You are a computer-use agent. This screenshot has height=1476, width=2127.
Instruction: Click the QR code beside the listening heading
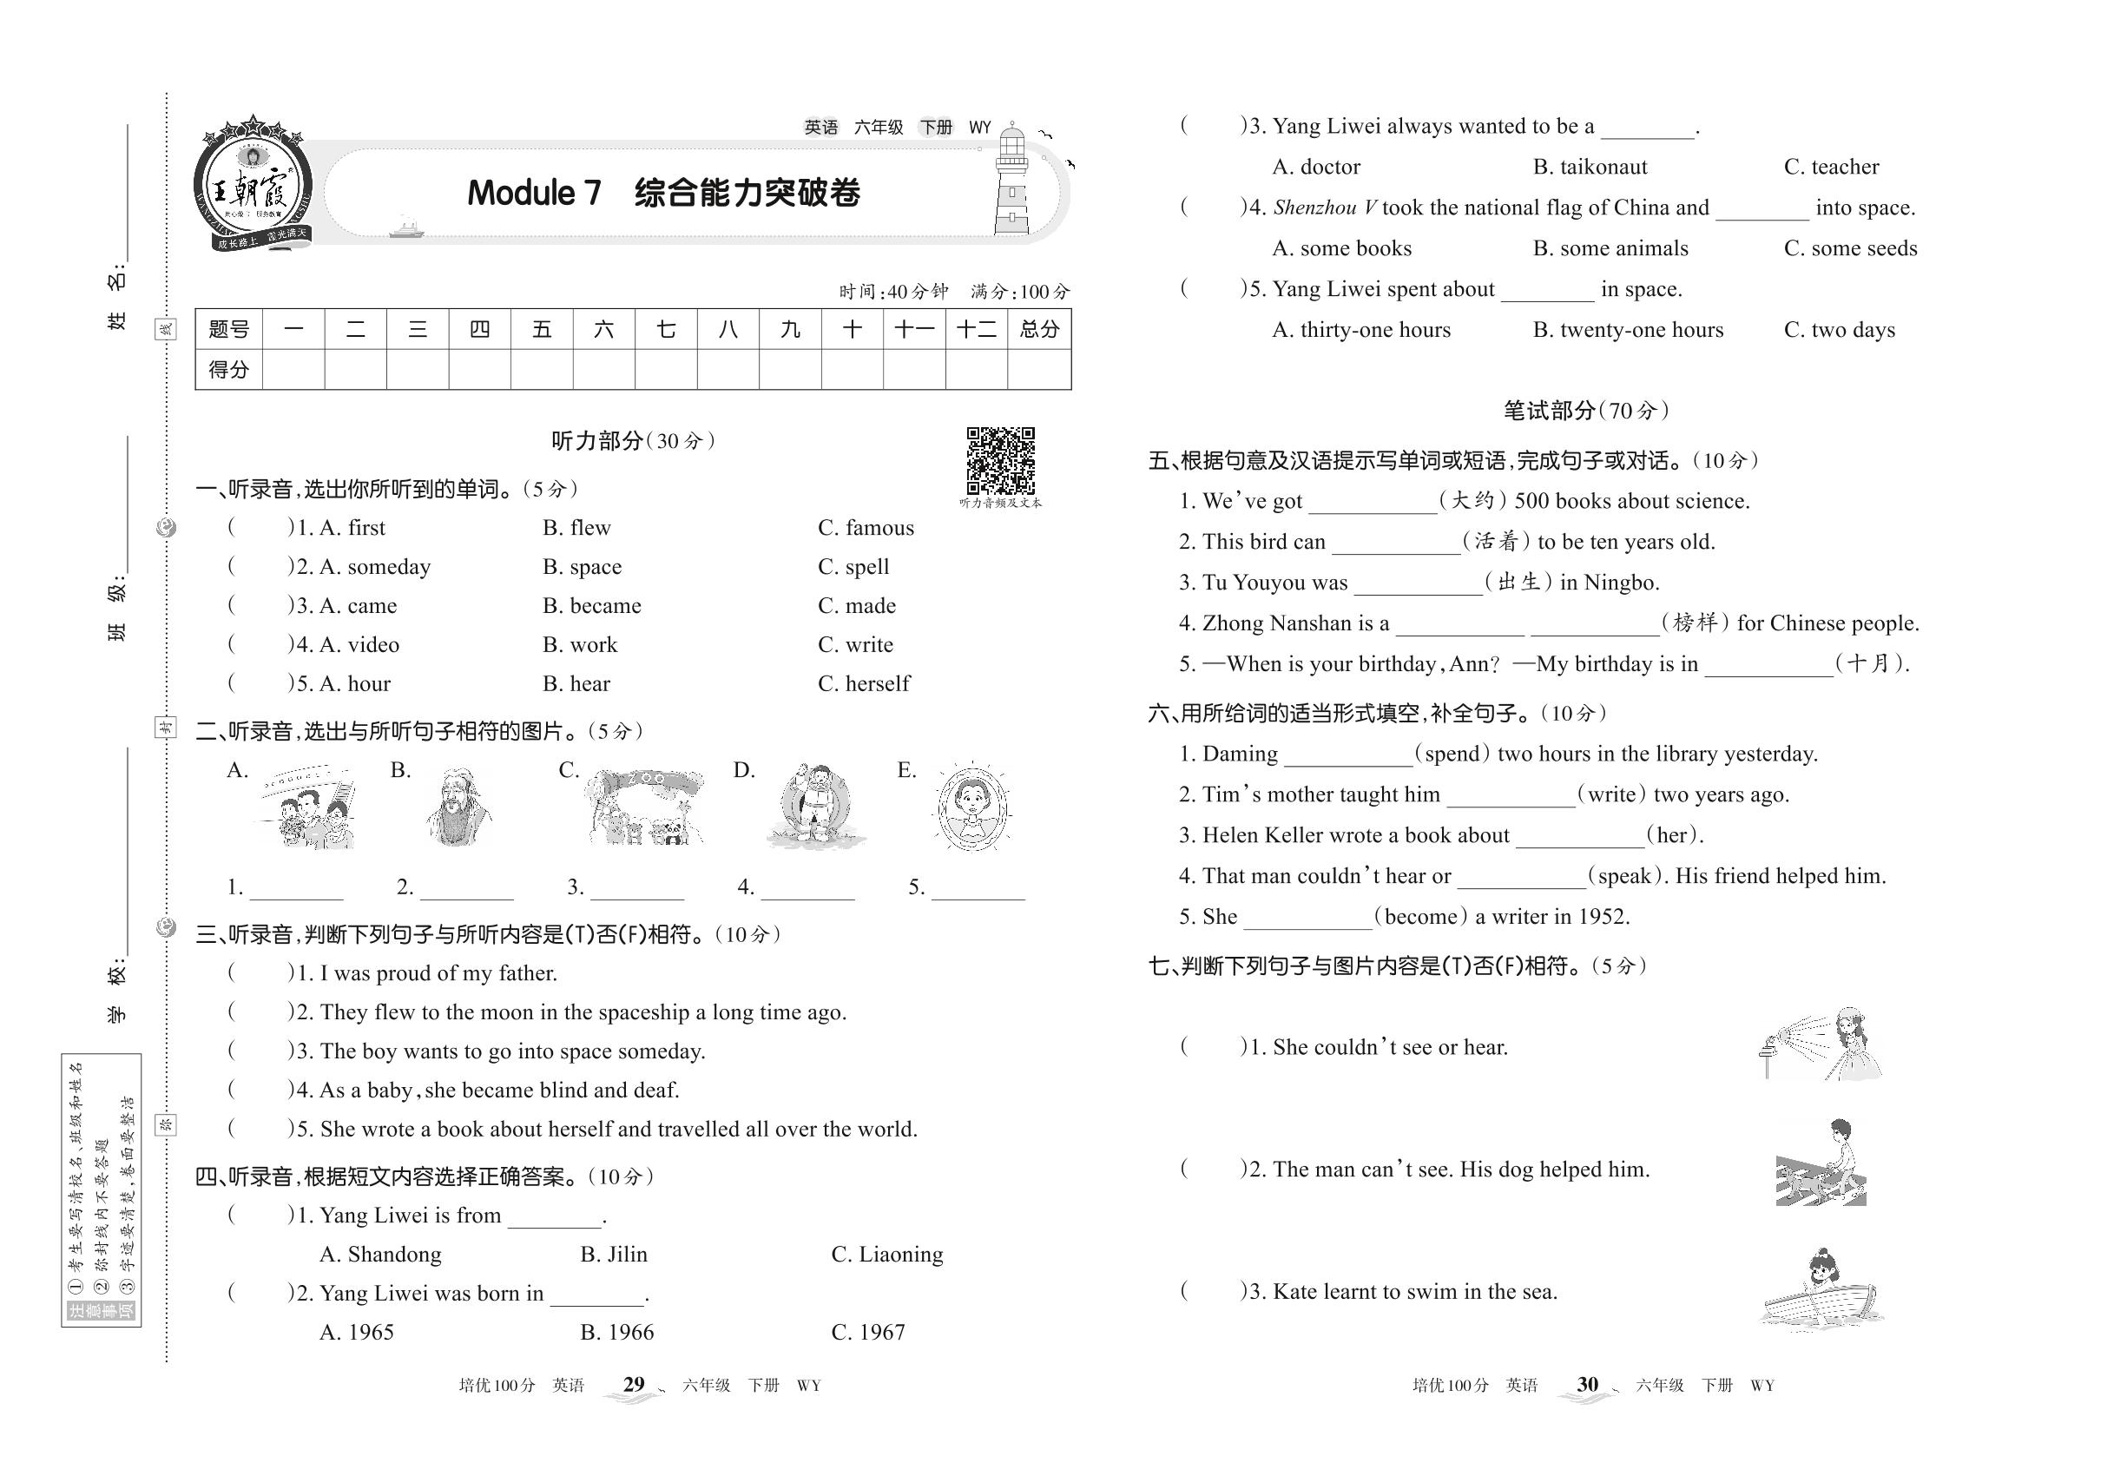pos(1000,459)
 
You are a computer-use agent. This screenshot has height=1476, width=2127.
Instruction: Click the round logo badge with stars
pos(253,185)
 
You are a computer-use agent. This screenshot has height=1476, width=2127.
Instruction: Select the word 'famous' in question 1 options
pos(879,528)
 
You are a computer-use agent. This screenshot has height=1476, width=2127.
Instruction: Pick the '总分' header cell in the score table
pos(1038,329)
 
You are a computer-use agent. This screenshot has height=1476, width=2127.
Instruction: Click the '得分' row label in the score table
pos(228,370)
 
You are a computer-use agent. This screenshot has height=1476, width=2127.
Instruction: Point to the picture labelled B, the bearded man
pos(458,807)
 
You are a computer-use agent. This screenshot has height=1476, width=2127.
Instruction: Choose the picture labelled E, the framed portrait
pos(972,807)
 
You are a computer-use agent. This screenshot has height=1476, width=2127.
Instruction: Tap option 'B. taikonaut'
pos(1590,168)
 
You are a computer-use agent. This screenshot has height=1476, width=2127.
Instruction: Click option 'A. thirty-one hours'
pos(1360,330)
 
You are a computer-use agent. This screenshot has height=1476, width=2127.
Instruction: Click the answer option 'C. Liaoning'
pos(887,1255)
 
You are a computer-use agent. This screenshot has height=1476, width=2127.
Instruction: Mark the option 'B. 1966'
pos(616,1333)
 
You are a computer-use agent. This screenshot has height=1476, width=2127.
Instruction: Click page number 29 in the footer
pos(634,1385)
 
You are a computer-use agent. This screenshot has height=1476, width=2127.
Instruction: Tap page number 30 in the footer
pos(1587,1385)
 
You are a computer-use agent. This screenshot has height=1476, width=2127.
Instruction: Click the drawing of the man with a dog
pos(1821,1165)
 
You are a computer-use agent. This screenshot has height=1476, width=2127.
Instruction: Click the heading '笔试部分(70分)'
pos(1585,411)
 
